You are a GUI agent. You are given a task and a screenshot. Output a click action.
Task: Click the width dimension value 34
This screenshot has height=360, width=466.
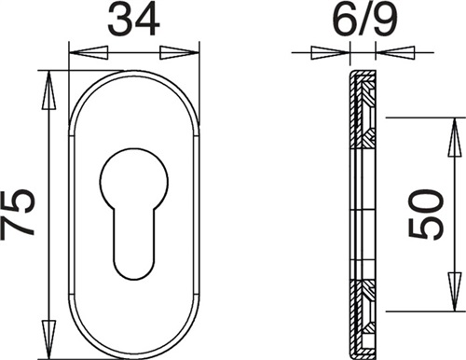point(133,21)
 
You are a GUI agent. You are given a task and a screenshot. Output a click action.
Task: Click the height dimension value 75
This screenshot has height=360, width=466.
point(17,214)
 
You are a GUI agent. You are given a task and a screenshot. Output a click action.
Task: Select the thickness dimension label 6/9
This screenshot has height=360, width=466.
point(365,20)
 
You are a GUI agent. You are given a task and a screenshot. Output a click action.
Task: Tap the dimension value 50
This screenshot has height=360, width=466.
point(425,215)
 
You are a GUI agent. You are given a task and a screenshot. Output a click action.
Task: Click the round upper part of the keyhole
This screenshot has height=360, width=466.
point(134,180)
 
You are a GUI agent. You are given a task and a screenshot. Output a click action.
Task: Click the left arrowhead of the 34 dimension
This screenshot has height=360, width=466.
point(89,52)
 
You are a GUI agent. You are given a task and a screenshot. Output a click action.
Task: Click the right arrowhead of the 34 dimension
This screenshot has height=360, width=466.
point(179,52)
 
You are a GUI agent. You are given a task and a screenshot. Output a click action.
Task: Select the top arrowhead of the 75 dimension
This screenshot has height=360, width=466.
point(48,90)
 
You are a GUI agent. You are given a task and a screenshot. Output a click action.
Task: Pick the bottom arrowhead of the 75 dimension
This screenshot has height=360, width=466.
point(48,339)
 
